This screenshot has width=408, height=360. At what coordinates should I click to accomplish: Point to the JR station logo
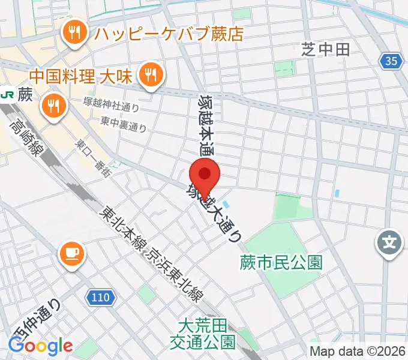click(x=8, y=95)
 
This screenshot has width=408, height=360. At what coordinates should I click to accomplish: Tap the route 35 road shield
click(x=391, y=60)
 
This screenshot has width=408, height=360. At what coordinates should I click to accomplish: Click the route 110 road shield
click(x=102, y=296)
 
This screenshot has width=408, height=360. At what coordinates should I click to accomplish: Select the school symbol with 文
click(x=389, y=243)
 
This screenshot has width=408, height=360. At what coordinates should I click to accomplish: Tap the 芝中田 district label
click(x=326, y=49)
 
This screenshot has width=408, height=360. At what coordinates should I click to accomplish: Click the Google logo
click(x=40, y=346)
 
